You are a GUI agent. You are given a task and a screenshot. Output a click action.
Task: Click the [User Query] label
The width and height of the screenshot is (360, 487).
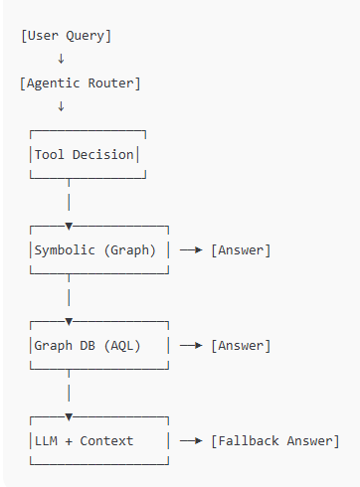click(66, 36)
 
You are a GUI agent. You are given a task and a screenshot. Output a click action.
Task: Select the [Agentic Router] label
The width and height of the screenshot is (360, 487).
click(81, 83)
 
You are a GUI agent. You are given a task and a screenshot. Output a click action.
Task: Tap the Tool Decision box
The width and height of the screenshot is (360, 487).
click(87, 155)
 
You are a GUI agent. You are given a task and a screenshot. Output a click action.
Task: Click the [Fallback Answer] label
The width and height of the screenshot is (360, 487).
click(274, 440)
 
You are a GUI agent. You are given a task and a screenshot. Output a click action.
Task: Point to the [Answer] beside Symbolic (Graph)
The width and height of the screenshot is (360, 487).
click(241, 250)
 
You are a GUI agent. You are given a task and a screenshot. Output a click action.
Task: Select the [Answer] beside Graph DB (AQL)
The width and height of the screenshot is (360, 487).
click(241, 346)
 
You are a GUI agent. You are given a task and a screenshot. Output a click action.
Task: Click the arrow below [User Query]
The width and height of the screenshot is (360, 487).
click(61, 60)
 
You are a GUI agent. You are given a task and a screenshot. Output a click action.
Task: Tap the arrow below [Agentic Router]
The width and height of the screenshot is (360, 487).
click(61, 107)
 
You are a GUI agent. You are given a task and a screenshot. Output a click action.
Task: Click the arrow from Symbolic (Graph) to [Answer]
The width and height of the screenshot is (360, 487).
click(191, 250)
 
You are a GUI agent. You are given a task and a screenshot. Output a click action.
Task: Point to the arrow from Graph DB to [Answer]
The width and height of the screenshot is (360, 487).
click(191, 346)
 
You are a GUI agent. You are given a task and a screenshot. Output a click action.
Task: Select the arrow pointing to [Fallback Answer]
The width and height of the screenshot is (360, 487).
click(191, 440)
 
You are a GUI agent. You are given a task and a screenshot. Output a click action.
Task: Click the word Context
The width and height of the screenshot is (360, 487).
click(106, 440)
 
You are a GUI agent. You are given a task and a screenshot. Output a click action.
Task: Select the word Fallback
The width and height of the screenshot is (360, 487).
click(248, 440)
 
